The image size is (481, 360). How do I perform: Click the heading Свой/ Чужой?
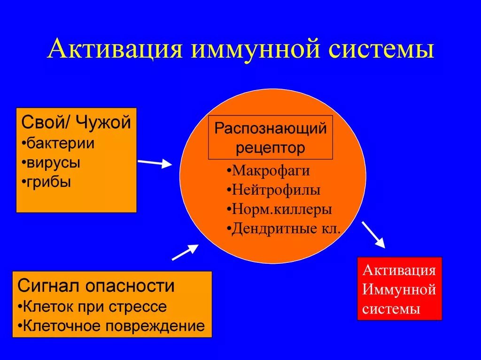coord(76,123)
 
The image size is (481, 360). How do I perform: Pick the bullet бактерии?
coord(58,143)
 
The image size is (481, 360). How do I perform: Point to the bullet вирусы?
coord(51,163)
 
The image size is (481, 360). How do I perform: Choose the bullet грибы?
coord(47,182)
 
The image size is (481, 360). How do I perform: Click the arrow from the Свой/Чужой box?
coord(155,163)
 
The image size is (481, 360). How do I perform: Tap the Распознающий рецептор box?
coord(270,138)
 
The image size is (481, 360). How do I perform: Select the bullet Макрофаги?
coord(268,170)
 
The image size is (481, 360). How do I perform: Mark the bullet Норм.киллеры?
coord(279,209)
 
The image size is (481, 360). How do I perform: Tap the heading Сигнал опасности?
coord(96,285)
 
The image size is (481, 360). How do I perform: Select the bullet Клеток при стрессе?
coord(92,306)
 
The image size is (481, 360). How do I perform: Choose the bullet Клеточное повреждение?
coord(111,326)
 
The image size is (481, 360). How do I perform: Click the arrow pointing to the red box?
coord(373,235)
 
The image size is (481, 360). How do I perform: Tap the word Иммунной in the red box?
coord(399,290)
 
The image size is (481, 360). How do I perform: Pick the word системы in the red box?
coord(391,309)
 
